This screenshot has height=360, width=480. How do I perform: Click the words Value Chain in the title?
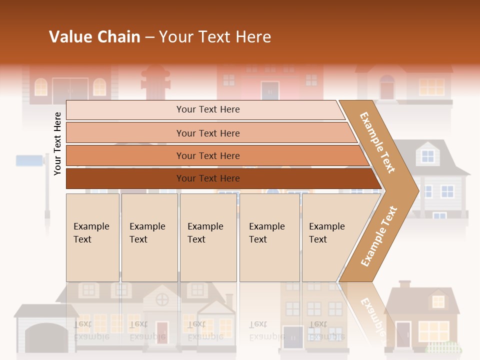[x=94, y=37]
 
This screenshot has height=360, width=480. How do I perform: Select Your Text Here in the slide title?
[x=215, y=37]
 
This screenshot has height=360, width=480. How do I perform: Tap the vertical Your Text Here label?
[x=58, y=144]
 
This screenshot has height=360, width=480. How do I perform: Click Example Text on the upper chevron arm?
[x=378, y=142]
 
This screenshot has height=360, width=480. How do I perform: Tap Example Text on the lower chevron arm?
[x=379, y=236]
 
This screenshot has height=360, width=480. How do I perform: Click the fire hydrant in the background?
[x=155, y=82]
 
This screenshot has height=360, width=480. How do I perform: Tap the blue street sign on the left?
[x=30, y=160]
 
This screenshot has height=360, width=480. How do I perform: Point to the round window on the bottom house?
[x=162, y=300]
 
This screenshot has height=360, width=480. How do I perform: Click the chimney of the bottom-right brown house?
[x=404, y=284]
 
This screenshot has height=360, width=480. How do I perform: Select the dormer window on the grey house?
[x=428, y=155]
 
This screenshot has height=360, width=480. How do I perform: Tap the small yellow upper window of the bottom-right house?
[x=438, y=301]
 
